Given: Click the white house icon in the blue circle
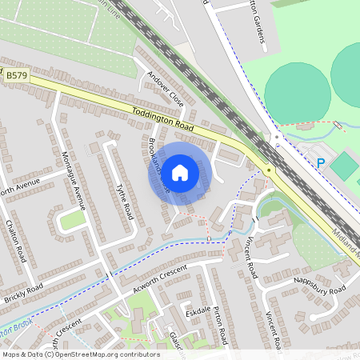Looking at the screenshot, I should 180,172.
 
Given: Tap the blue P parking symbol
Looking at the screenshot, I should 321,163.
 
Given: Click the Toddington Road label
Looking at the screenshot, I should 165,115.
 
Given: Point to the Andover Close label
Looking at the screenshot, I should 165,89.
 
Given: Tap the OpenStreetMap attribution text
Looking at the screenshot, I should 80,354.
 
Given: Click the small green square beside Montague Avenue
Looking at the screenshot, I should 73,219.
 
